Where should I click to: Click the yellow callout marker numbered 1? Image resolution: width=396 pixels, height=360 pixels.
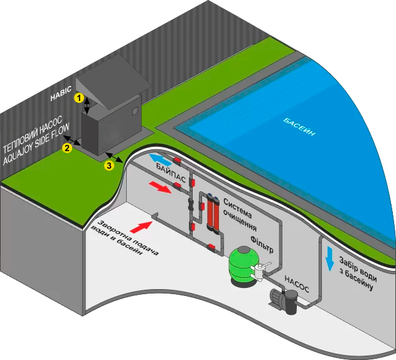(79, 98)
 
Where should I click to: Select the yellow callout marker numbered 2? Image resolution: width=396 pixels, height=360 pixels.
(66, 148)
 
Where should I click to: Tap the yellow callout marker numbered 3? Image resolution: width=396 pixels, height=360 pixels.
(109, 165)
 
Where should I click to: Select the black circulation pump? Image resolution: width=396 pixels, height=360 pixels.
(285, 302)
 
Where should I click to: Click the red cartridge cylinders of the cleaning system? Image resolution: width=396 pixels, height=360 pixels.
(211, 213)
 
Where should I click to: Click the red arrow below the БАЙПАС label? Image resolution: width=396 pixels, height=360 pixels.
(161, 188)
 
